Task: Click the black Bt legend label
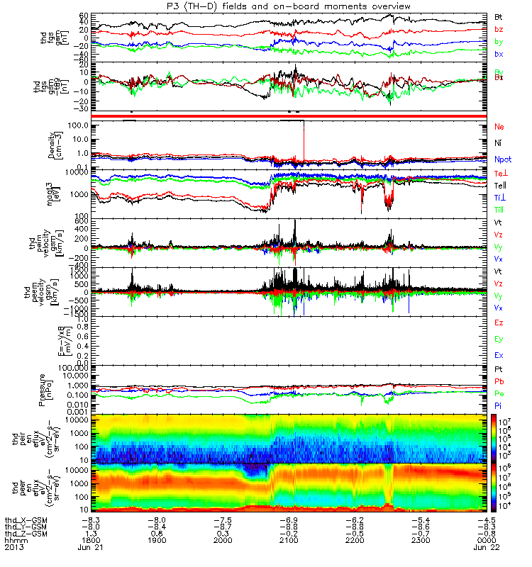(x=499, y=16)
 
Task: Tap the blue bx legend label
(x=499, y=55)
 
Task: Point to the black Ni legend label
(x=498, y=143)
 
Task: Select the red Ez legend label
(x=499, y=322)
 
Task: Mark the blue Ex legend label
(x=499, y=356)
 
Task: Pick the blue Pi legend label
(x=498, y=406)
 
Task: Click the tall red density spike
(x=304, y=142)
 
